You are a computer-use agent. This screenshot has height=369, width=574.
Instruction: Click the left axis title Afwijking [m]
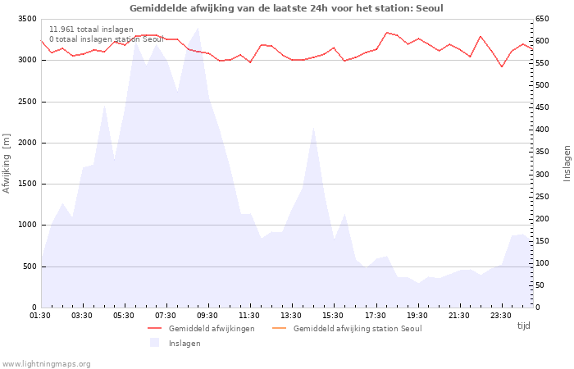pos(7,163)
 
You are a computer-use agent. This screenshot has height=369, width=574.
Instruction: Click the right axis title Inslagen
pos(566,163)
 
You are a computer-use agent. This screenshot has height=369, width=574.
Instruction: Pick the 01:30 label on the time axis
pos(40,316)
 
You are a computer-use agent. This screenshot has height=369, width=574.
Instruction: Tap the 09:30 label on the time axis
pos(207,316)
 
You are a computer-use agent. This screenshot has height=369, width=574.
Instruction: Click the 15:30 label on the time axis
pos(333,316)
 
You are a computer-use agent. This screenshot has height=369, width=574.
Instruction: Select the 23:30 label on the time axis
pos(500,316)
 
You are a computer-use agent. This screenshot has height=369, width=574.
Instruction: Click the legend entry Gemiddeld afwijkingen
pos(211,329)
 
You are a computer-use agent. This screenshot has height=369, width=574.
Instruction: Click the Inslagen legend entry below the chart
pos(184,344)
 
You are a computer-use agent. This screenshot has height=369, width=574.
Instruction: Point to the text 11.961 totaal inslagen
pos(91,30)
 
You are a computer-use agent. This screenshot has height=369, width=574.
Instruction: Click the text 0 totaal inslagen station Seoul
pos(107,39)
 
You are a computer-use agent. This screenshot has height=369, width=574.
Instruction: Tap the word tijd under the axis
pos(523,326)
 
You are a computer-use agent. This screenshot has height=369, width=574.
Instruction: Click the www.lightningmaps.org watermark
pos(47,364)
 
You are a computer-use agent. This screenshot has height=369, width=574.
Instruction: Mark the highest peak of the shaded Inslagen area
pos(198,28)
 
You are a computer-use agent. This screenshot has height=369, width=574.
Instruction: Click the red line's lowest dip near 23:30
pos(502,66)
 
